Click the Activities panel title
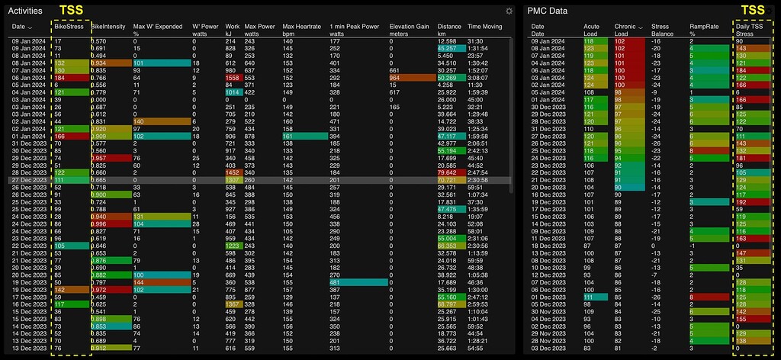pyautogui.click(x=24, y=11)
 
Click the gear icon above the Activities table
pyautogui.click(x=509, y=11)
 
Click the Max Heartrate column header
pyautogui.click(x=298, y=27)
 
